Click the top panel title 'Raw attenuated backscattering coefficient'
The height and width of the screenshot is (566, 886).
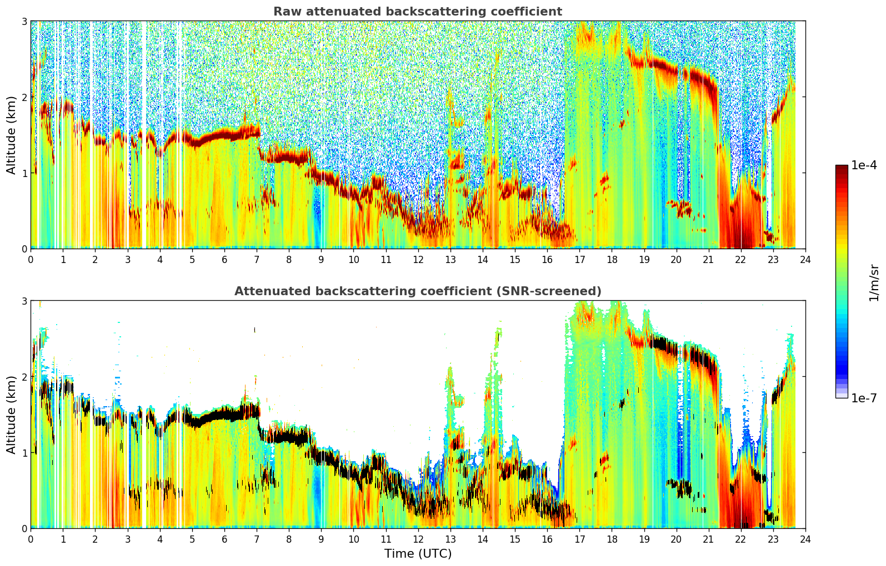click(418, 12)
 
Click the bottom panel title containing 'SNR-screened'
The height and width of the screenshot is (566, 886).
click(418, 291)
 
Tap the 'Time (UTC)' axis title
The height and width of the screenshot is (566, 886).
click(418, 553)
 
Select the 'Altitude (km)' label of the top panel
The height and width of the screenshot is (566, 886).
click(11, 135)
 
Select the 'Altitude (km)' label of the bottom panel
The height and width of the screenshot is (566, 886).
click(11, 415)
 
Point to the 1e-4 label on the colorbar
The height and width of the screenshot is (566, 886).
click(864, 165)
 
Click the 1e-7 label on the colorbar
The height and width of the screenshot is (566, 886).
click(864, 398)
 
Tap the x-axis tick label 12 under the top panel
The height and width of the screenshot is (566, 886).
click(418, 260)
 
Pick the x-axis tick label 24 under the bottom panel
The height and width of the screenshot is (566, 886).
click(805, 539)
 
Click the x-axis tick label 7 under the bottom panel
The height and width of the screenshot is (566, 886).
click(257, 539)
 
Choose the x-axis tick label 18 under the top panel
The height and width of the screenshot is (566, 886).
click(612, 260)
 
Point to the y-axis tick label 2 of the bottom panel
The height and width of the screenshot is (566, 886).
click(24, 377)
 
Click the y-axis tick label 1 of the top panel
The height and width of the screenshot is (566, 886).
click(24, 173)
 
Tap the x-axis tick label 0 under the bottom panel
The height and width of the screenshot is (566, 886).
click(31, 539)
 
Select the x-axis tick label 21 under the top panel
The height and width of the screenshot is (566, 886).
click(708, 260)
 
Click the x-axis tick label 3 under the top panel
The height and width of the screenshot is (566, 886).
click(128, 260)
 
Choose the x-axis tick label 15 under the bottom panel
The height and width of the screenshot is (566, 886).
click(515, 539)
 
